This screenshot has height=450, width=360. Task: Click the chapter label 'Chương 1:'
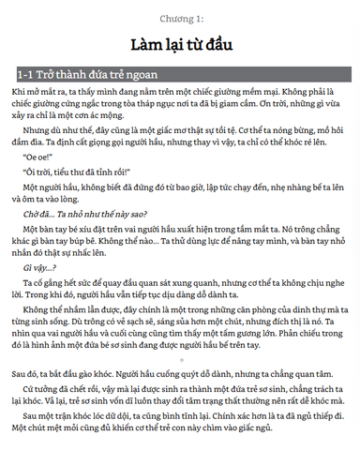click(x=181, y=18)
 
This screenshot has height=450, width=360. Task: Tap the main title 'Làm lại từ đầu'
click(x=180, y=44)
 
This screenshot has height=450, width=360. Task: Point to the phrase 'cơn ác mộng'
click(x=111, y=116)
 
